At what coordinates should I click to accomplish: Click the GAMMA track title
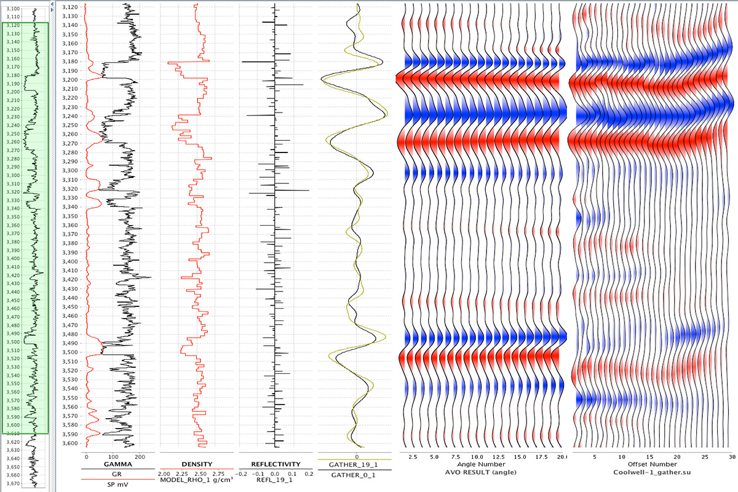pos(115,464)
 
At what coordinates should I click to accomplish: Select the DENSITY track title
pos(197,464)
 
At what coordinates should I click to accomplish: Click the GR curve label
pos(115,475)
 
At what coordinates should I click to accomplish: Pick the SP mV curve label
pos(115,483)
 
